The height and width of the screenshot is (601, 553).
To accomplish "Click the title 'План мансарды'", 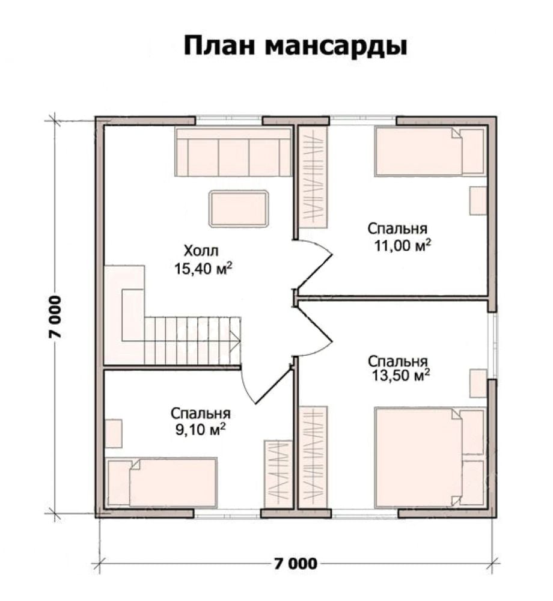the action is click(295, 46).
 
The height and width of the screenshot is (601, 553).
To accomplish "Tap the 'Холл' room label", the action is click(201, 251).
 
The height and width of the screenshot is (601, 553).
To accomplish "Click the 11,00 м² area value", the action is click(402, 245).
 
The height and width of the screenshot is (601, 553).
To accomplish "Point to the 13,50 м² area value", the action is click(400, 375).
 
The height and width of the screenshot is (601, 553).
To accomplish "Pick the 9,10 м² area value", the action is click(200, 430).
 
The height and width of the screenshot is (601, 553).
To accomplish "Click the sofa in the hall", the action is click(233, 152).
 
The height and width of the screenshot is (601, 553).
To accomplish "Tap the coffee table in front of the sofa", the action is click(239, 209).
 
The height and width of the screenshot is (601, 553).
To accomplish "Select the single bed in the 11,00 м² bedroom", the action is click(430, 151).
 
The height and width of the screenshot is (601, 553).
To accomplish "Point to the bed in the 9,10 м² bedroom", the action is click(162, 482).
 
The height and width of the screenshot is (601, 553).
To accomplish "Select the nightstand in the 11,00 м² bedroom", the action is click(478, 201).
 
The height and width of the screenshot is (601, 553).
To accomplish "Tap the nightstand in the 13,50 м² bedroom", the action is click(478, 383).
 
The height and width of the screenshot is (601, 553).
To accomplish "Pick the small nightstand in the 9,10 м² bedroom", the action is click(114, 433).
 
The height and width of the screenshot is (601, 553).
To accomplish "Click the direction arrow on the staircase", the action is click(234, 340).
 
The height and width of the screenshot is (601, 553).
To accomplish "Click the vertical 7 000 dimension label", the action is click(55, 317).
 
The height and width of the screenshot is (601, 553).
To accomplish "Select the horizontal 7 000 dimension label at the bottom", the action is click(296, 563).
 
